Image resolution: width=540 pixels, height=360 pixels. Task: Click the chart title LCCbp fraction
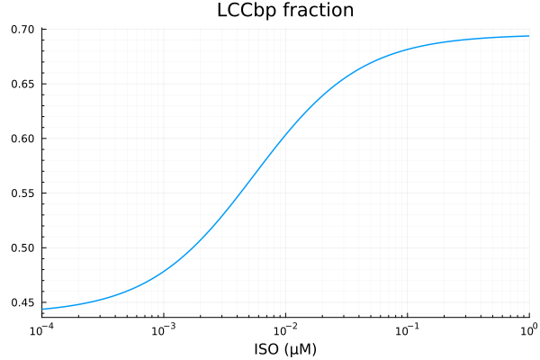[285, 12]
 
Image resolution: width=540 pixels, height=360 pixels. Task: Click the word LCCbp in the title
[247, 12]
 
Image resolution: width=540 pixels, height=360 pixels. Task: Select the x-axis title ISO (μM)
[285, 347]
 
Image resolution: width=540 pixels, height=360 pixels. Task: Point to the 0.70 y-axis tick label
[23, 30]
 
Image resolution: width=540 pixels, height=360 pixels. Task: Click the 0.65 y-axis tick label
[23, 84]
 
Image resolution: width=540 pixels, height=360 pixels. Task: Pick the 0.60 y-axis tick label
[23, 139]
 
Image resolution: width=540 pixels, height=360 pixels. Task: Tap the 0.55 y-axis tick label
[23, 193]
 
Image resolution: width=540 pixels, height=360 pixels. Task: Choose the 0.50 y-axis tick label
[23, 247]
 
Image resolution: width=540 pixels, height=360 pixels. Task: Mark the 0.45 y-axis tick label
[23, 302]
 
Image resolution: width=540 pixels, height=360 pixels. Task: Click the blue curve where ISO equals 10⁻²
[285, 136]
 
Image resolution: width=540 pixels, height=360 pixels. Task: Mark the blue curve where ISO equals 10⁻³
[164, 271]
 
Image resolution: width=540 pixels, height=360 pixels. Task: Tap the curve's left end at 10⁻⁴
[42, 309]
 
